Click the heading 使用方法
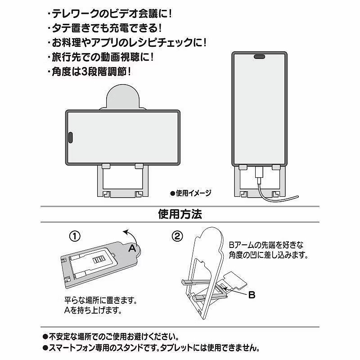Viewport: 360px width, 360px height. (180, 214)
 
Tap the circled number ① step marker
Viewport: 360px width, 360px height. (75, 236)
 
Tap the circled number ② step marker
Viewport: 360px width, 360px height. (177, 236)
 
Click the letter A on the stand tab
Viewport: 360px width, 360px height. (132, 248)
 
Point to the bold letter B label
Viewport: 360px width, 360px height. (252, 295)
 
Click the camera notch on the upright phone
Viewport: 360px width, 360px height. (260, 57)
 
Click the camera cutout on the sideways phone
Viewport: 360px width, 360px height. (71, 138)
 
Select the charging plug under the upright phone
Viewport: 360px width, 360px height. (260, 172)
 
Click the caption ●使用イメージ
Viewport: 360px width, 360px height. (190, 193)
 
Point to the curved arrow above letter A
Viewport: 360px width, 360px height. (133, 234)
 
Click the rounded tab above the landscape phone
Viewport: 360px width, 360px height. (123, 97)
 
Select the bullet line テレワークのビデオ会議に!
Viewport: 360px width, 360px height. (109, 14)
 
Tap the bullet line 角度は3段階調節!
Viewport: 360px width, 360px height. (89, 72)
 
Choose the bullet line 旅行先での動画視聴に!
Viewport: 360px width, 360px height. (100, 57)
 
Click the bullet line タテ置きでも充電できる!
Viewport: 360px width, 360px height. (104, 28)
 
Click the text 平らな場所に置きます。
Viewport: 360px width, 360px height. (100, 300)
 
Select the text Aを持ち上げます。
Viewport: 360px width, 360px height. (93, 310)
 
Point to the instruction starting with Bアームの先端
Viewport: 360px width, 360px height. (268, 250)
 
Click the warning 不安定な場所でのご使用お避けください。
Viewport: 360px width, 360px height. (111, 337)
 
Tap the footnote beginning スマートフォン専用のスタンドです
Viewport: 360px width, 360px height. (151, 348)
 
